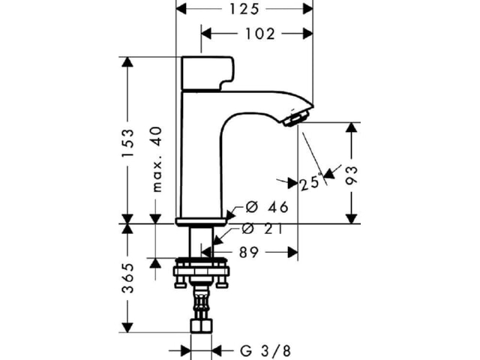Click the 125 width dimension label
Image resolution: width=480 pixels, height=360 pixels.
244,8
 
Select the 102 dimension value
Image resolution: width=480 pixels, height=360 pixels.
260,34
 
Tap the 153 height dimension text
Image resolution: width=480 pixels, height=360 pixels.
128,142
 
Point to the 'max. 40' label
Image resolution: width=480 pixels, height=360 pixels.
157,159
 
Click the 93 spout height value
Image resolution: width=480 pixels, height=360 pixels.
352,175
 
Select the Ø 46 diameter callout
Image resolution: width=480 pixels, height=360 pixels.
267,207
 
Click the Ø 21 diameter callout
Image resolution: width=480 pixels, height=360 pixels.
262,229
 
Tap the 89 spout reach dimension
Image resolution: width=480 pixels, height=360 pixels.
248,253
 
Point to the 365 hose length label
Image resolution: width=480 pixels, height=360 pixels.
128,278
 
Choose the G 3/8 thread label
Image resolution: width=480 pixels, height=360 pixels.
265,351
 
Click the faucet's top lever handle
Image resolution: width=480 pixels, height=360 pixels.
208,73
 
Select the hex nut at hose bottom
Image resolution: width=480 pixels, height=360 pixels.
201,326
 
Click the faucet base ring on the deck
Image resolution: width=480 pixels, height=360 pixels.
201,222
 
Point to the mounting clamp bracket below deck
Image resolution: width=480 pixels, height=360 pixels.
201,272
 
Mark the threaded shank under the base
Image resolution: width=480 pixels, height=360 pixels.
201,241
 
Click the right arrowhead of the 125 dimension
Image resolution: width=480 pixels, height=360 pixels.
308,8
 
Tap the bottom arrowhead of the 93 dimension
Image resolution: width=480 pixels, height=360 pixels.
352,218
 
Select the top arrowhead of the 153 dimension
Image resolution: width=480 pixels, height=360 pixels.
127,62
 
